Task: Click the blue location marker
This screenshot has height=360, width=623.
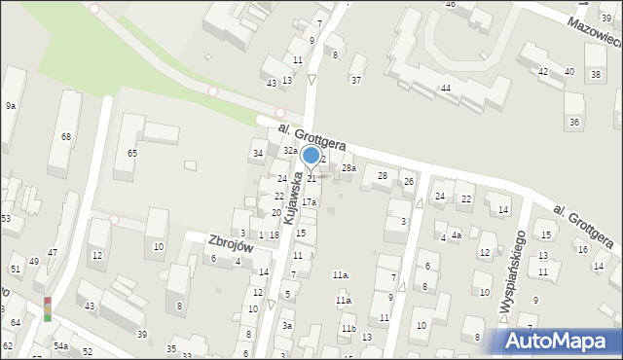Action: pyautogui.click(x=311, y=156)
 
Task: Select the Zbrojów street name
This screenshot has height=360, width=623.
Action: pyautogui.click(x=231, y=243)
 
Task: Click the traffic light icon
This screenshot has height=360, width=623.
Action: pyautogui.click(x=46, y=308)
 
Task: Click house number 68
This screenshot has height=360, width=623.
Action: pyautogui.click(x=66, y=136)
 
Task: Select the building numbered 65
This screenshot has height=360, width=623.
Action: pyautogui.click(x=132, y=154)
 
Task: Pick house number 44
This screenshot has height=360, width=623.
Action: pyautogui.click(x=445, y=89)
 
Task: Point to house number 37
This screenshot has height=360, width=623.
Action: pyautogui.click(x=356, y=80)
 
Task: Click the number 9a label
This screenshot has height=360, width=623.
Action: pyautogui.click(x=10, y=105)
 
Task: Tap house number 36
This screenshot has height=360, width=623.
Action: pyautogui.click(x=574, y=122)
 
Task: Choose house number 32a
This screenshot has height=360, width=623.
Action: pyautogui.click(x=290, y=151)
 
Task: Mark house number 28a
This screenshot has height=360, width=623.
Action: pyautogui.click(x=348, y=168)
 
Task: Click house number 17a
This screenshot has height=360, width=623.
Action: pyautogui.click(x=309, y=201)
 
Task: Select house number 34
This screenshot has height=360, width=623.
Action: pyautogui.click(x=258, y=154)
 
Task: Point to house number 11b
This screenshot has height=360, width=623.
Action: pyautogui.click(x=348, y=329)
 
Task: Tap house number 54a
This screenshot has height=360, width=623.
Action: pyautogui.click(x=60, y=345)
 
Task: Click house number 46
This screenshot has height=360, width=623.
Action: pyautogui.click(x=450, y=4)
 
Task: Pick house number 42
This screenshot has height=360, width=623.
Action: pyautogui.click(x=543, y=72)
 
